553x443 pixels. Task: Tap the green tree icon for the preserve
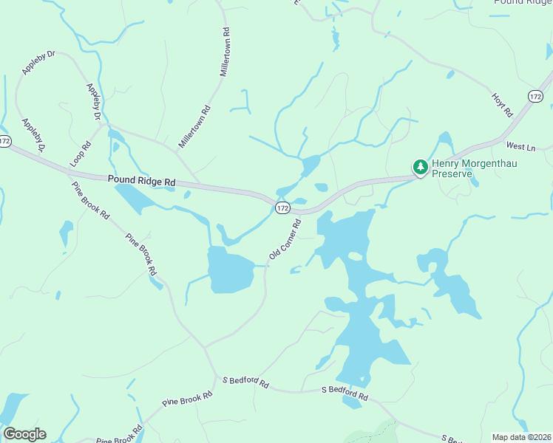point(421,168)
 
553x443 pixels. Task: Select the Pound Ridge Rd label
point(141,180)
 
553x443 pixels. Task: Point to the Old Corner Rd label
point(285,239)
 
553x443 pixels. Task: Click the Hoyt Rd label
point(502,105)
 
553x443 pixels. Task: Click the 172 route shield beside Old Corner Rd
point(282,209)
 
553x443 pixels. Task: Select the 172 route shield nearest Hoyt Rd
point(536,97)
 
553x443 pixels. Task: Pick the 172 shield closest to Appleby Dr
point(5,140)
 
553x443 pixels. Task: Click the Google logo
point(24,434)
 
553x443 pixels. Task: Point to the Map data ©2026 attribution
point(521,437)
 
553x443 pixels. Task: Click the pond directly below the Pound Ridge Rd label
point(137,197)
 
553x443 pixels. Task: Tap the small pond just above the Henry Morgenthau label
point(444,140)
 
